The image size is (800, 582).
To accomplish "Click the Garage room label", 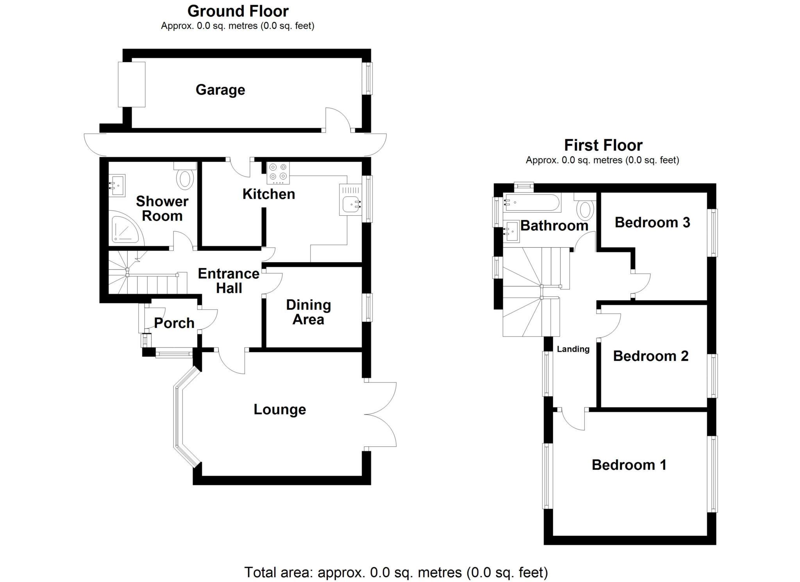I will tap(220, 90).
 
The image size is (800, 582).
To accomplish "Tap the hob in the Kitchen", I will tap(278, 173).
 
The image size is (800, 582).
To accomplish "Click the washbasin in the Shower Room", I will tap(117, 185).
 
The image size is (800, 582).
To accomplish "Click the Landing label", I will tap(573, 349).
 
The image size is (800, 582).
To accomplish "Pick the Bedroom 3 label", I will tap(652, 222).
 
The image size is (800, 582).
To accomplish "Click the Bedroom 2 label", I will tap(650, 356).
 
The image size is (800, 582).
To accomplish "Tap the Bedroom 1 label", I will tap(629, 465).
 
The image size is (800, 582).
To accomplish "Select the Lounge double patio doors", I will tap(381, 414).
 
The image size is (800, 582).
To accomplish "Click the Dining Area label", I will tap(308, 312).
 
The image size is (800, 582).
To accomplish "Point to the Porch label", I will tap(174, 323).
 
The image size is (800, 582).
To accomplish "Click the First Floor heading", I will tap(603, 145).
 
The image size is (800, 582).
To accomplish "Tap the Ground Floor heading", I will tap(238, 11).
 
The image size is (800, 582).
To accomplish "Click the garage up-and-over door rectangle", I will tap(132, 84).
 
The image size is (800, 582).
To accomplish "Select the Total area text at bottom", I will tap(396, 572).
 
